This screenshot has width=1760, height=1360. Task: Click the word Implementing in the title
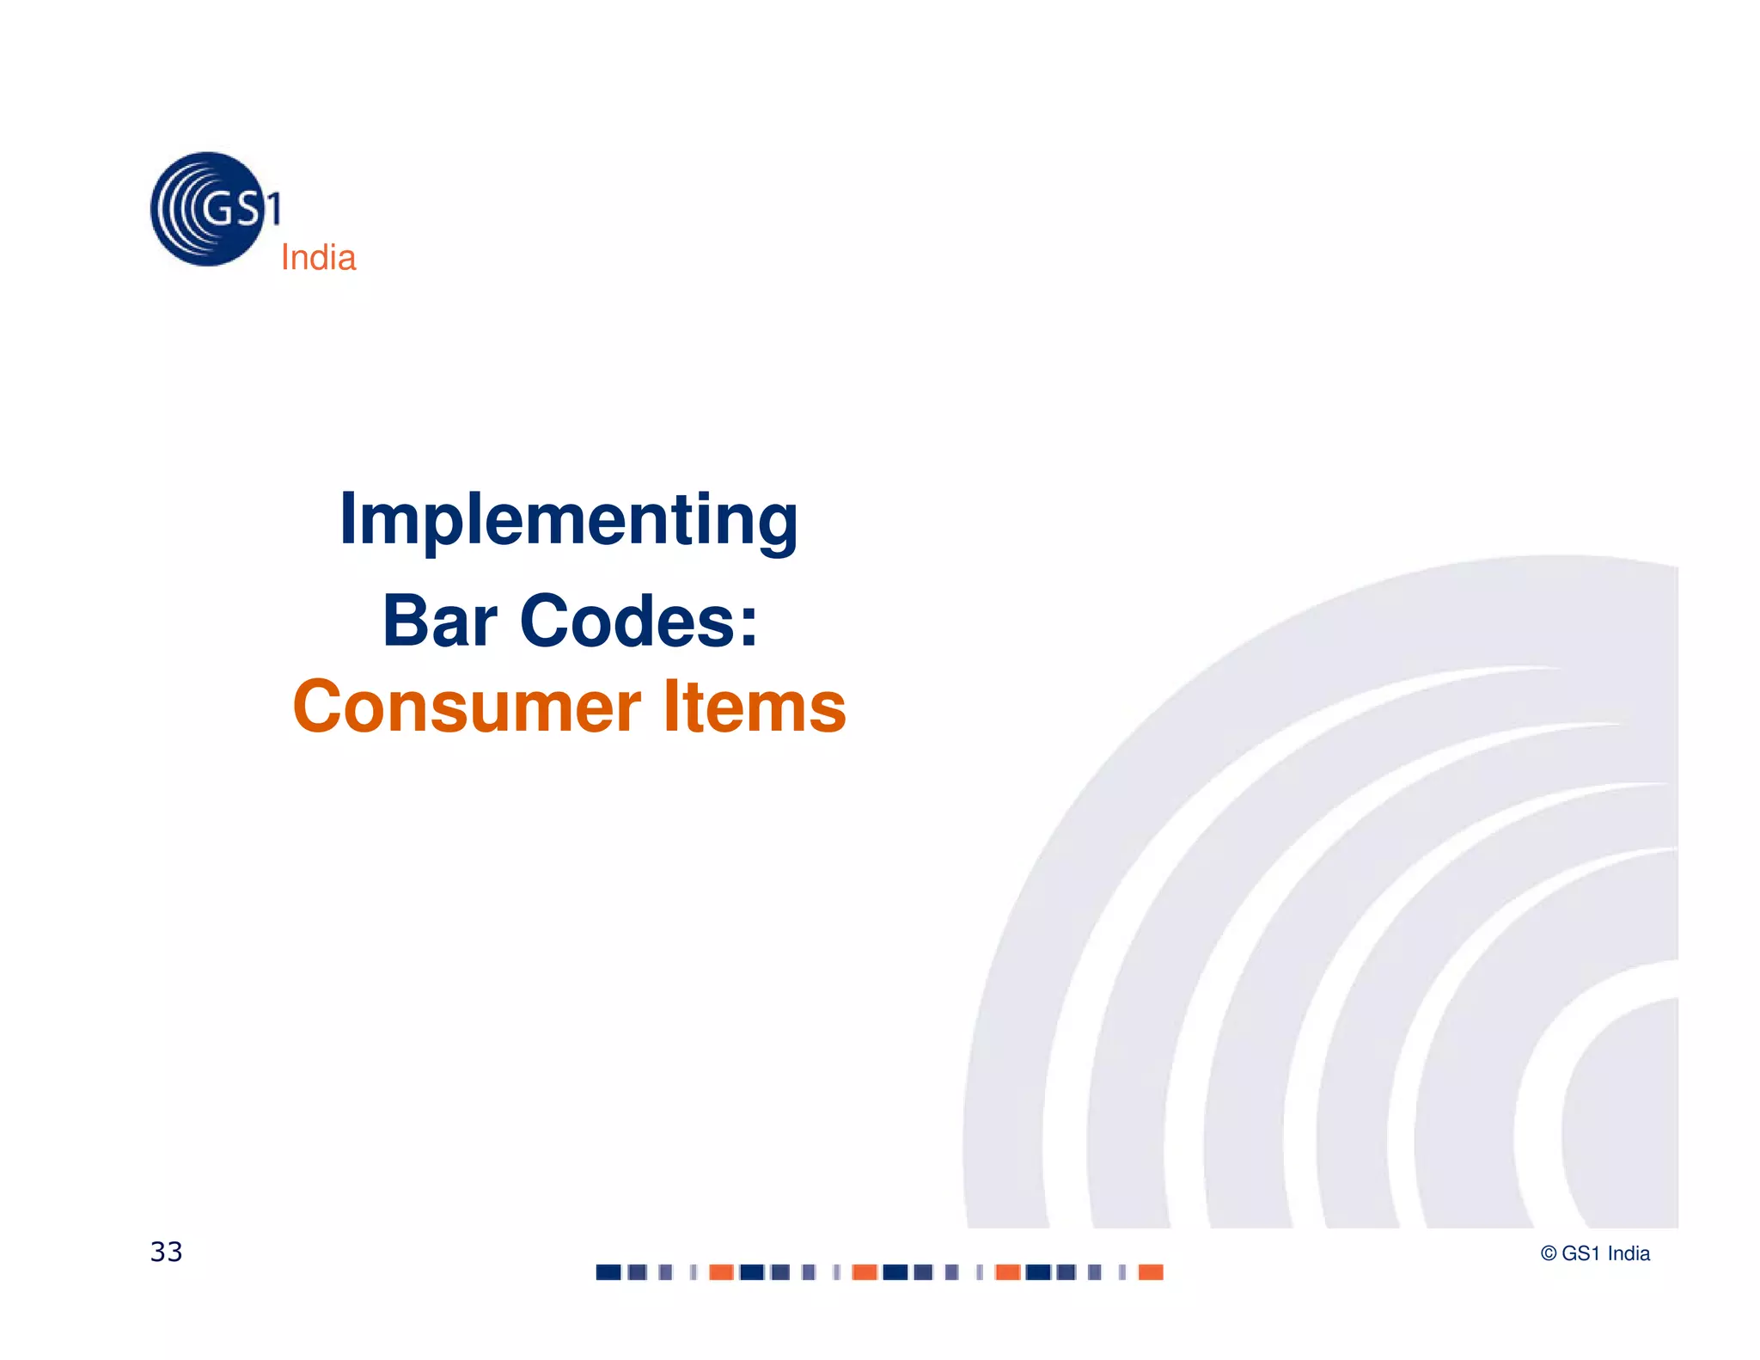569,521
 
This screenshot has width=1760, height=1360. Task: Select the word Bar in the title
439,621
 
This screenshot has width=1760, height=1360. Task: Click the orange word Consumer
467,707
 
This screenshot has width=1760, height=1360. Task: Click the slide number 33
166,1252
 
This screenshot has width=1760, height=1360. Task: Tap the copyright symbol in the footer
1549,1254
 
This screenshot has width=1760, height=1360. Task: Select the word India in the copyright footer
1629,1254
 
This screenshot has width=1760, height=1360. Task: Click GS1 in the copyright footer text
1580,1254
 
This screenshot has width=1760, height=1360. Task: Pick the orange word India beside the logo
318,258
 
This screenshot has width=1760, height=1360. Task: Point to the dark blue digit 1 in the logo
273,209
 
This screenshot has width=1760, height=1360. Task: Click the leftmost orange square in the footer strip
721,1272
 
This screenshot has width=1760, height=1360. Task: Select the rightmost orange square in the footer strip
1150,1272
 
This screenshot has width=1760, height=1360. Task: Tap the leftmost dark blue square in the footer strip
608,1272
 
